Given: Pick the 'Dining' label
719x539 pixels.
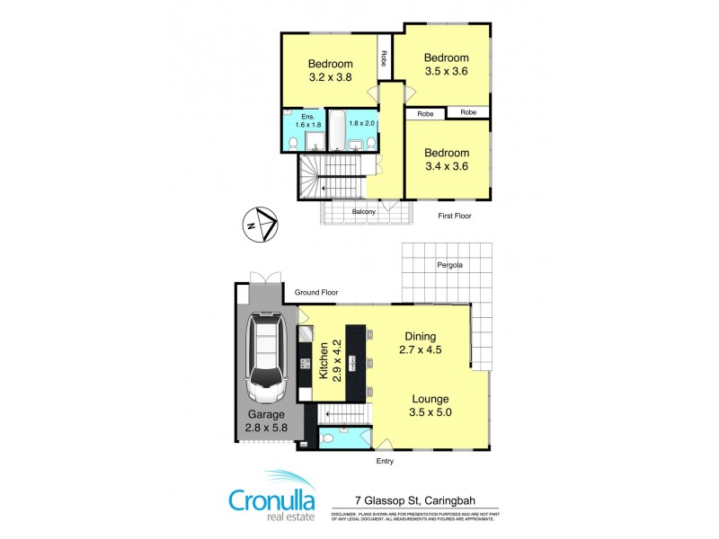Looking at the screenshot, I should point(420,336).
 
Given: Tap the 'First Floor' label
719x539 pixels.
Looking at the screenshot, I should point(455,216).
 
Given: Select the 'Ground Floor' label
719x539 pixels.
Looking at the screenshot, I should point(317,293).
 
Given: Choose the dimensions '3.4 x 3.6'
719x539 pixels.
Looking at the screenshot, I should point(447,165).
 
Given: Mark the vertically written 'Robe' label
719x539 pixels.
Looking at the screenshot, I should point(384,57).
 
